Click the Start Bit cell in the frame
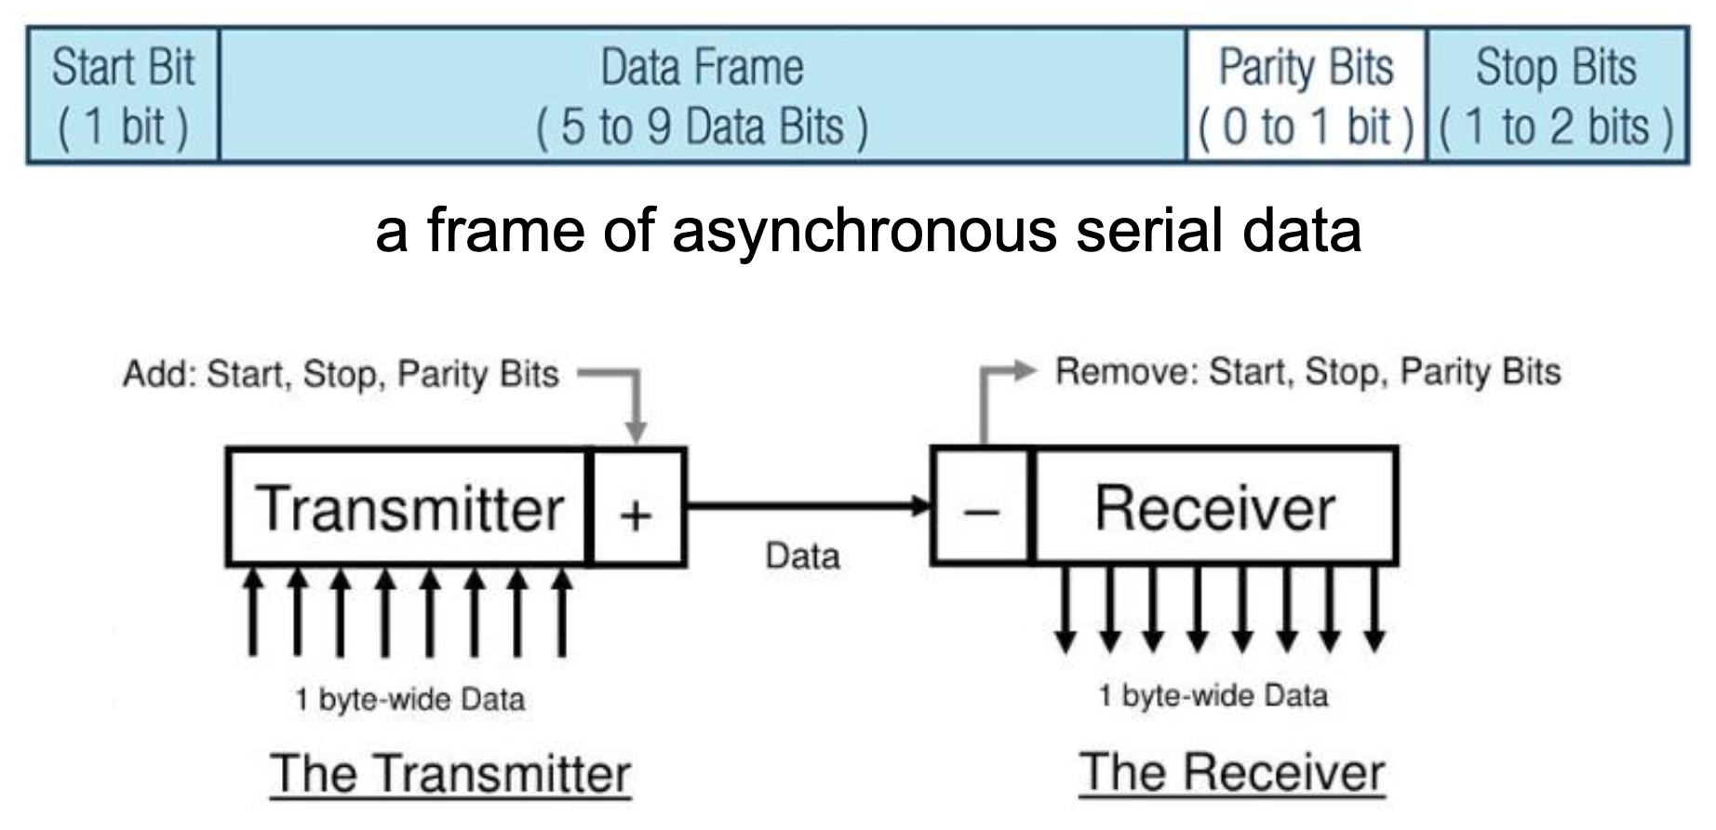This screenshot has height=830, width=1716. (123, 96)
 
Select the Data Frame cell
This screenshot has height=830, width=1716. (703, 96)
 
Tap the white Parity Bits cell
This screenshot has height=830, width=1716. (1306, 96)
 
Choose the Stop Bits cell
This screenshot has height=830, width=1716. (1556, 96)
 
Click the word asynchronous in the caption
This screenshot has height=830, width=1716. (864, 230)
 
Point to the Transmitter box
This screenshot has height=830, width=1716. (409, 508)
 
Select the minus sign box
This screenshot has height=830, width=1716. (982, 508)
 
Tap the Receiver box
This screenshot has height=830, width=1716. (1214, 508)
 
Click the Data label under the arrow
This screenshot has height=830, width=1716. (802, 556)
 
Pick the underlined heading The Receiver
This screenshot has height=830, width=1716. (1232, 772)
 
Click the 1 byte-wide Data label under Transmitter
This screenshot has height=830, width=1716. (409, 700)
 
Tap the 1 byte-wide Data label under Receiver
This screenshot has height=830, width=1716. (1213, 696)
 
